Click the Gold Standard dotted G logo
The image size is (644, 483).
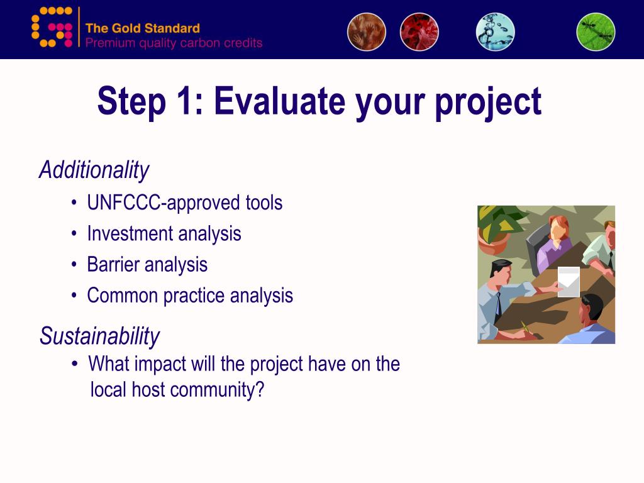pos(52,26)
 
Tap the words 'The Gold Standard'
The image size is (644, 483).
pos(143,28)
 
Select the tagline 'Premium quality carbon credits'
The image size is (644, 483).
pos(174,43)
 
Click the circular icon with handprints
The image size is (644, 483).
pos(367,31)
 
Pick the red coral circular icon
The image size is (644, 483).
pos(419,31)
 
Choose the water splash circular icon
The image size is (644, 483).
pos(496,31)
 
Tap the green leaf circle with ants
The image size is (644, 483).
pos(596,31)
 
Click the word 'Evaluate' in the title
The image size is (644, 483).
pos(280,101)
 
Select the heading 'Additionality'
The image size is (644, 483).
pos(94,170)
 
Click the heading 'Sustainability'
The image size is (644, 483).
pos(99,336)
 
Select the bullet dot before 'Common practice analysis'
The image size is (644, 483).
pos(74,296)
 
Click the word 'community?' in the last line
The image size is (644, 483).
pos(217,390)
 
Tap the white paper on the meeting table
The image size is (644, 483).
pos(569,282)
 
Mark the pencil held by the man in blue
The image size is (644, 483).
pos(525,328)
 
